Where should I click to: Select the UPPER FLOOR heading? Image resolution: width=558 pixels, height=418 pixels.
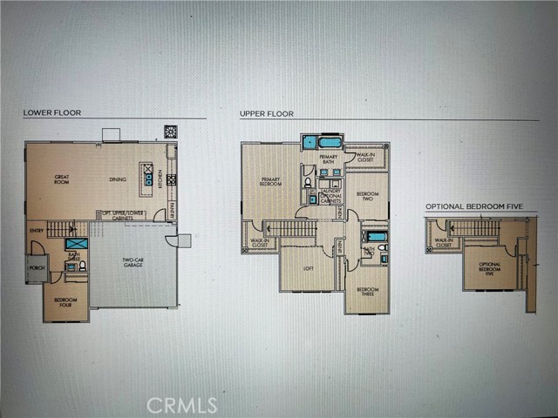267,113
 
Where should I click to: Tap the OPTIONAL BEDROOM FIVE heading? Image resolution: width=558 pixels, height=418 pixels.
479,207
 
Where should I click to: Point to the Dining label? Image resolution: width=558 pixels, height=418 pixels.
117,179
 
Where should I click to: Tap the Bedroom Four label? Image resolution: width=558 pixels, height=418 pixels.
65,300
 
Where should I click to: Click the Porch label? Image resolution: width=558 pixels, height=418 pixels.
37,268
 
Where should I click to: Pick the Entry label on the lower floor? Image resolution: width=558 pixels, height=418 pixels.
36,230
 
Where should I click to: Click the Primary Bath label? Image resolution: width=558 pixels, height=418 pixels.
328,159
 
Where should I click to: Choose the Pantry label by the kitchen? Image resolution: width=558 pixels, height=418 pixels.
172,208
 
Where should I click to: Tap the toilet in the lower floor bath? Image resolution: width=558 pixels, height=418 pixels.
82,266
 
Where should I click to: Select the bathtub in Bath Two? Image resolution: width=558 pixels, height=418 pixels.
375,236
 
